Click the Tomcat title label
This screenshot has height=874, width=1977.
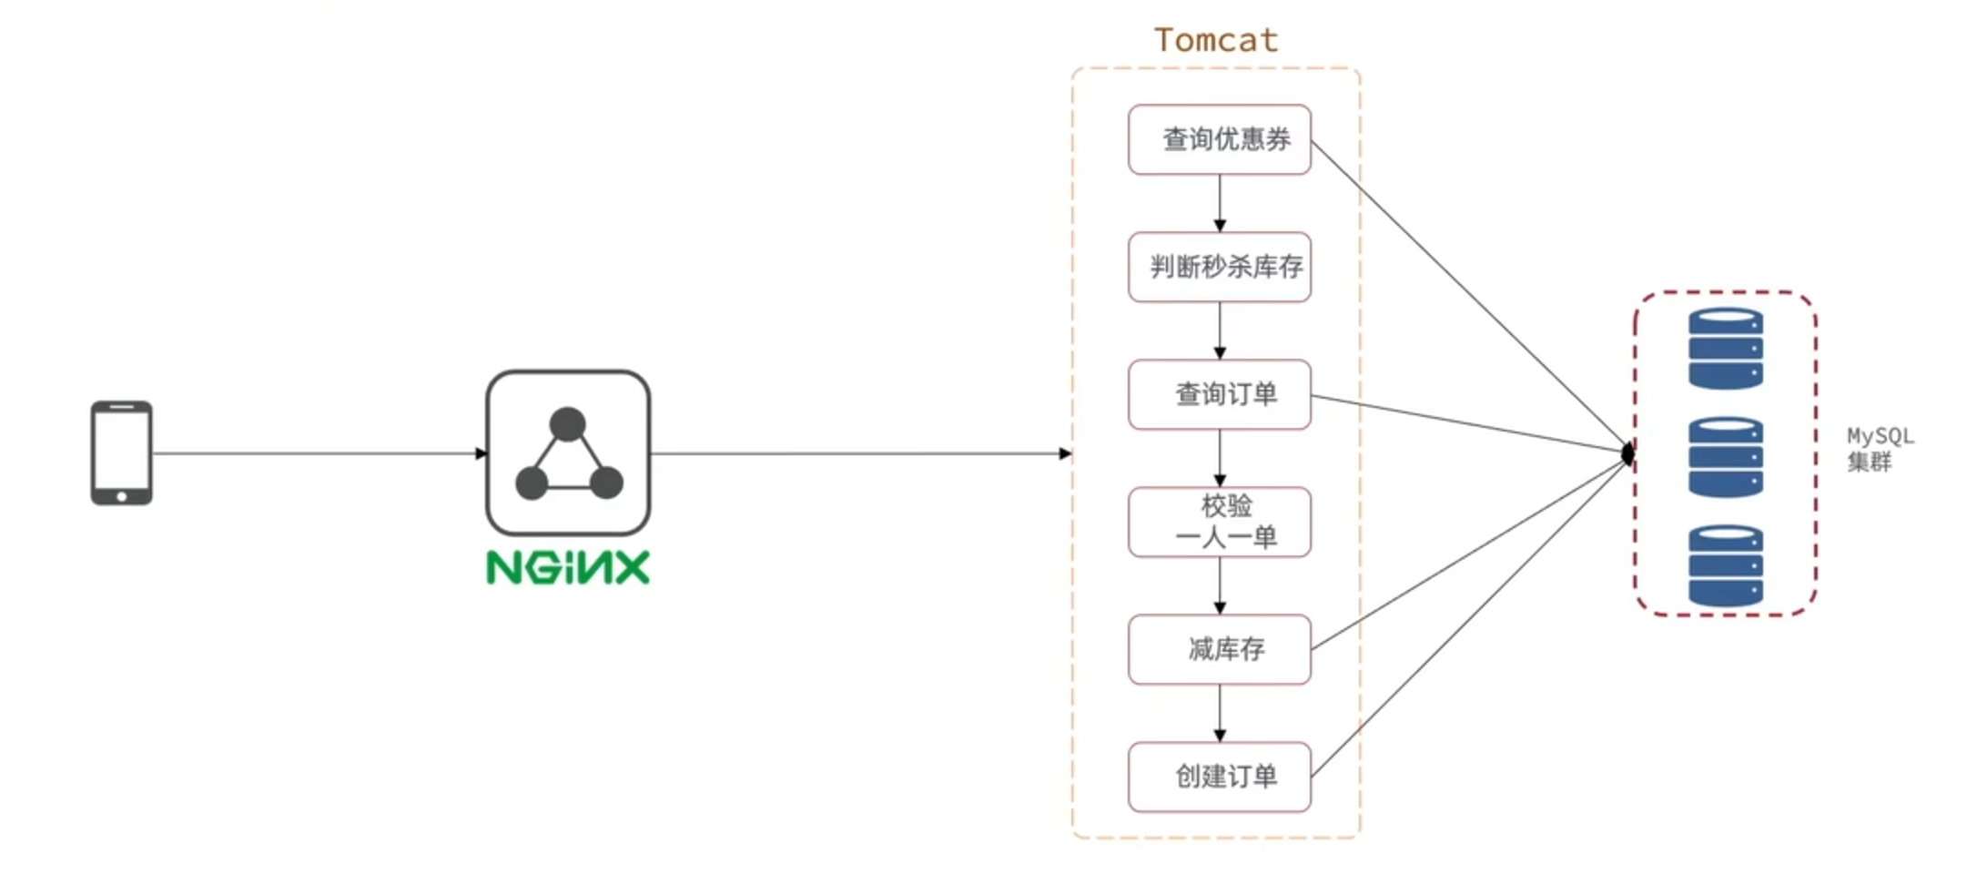(x=1216, y=40)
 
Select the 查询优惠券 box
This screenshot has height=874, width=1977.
(x=1220, y=139)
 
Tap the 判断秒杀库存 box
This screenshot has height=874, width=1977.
(x=1220, y=267)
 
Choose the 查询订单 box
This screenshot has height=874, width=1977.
(x=1220, y=394)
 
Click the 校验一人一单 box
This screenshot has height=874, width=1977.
(x=1220, y=522)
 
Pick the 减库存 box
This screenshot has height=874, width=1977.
(x=1220, y=649)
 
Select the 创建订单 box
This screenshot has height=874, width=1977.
(x=1220, y=777)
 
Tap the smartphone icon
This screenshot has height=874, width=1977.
(x=122, y=452)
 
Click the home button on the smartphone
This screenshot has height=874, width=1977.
(x=122, y=496)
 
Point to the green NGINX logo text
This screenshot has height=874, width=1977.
(x=568, y=567)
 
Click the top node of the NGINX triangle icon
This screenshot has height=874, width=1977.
(x=568, y=423)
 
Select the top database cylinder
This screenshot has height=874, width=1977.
(x=1726, y=349)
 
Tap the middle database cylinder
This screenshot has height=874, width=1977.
(x=1726, y=456)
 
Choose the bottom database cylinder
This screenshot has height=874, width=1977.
(x=1726, y=564)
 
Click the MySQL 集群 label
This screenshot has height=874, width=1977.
(x=1879, y=449)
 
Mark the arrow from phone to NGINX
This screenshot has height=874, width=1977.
(x=319, y=452)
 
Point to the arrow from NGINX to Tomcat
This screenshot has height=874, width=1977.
(x=860, y=452)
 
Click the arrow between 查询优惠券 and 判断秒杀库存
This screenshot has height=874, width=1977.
(x=1220, y=203)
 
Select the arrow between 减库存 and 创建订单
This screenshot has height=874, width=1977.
(x=1220, y=713)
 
